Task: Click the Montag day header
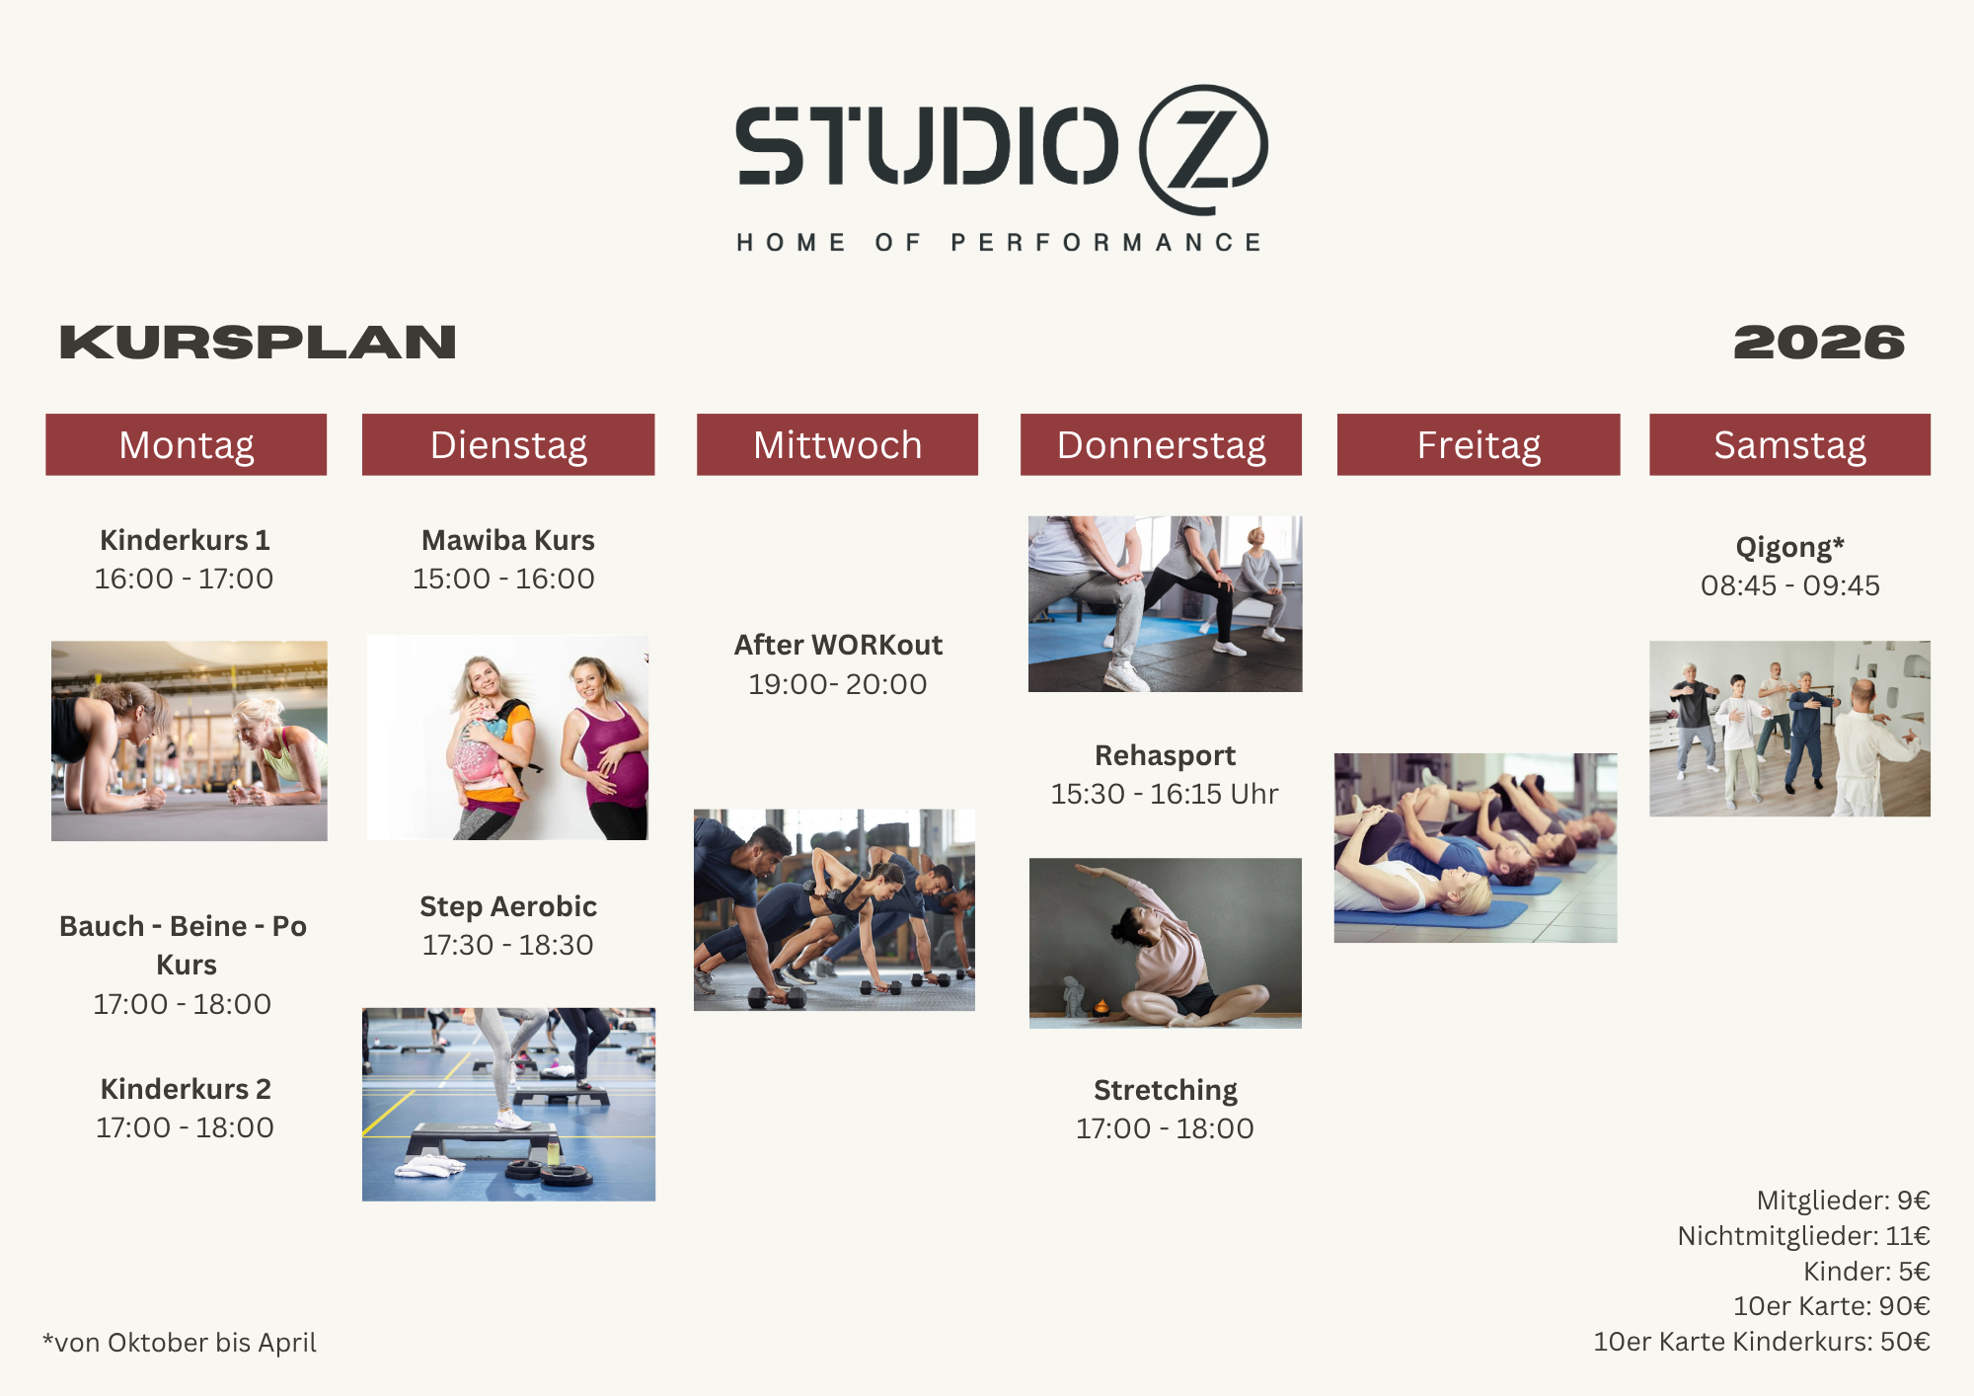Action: click(x=186, y=444)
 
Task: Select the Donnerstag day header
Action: click(x=1161, y=444)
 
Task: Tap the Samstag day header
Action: click(x=1789, y=444)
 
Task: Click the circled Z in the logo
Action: click(x=1203, y=149)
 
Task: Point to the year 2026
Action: click(x=1819, y=343)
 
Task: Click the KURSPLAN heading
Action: click(x=258, y=343)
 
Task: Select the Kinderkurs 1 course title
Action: click(x=185, y=540)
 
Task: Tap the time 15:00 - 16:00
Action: click(x=503, y=579)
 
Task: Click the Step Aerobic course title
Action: click(x=508, y=906)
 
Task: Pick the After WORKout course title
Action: click(x=838, y=645)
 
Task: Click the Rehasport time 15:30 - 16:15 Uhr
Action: click(x=1165, y=794)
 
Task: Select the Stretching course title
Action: click(x=1166, y=1090)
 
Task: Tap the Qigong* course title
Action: click(x=1789, y=547)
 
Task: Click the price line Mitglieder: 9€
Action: click(x=1843, y=1201)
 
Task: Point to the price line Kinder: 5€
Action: click(x=1866, y=1272)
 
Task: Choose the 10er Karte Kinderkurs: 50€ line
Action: click(x=1762, y=1342)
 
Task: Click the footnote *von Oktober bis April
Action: click(x=180, y=1343)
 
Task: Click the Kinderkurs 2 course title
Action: click(x=186, y=1089)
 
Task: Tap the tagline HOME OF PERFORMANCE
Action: click(x=999, y=243)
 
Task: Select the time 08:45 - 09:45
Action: click(x=1790, y=585)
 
